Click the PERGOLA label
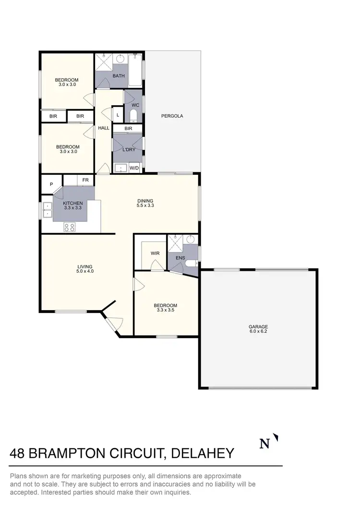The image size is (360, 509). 172,116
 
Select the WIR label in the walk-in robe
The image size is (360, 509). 155,253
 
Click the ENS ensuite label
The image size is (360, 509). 180,258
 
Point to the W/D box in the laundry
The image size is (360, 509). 134,168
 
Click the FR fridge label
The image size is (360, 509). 85,180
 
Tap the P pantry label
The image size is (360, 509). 51,184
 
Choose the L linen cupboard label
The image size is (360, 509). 118,115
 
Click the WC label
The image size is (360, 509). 135,105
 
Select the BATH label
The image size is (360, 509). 119,76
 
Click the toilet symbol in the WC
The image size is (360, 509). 133,116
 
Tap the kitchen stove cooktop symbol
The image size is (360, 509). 70,227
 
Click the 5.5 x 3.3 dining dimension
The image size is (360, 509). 145,206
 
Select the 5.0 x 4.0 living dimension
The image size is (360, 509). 85,271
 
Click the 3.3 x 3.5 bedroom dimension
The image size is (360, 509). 165,310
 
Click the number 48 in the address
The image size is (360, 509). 19,453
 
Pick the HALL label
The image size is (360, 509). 104,128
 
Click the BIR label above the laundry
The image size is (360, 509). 128,129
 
